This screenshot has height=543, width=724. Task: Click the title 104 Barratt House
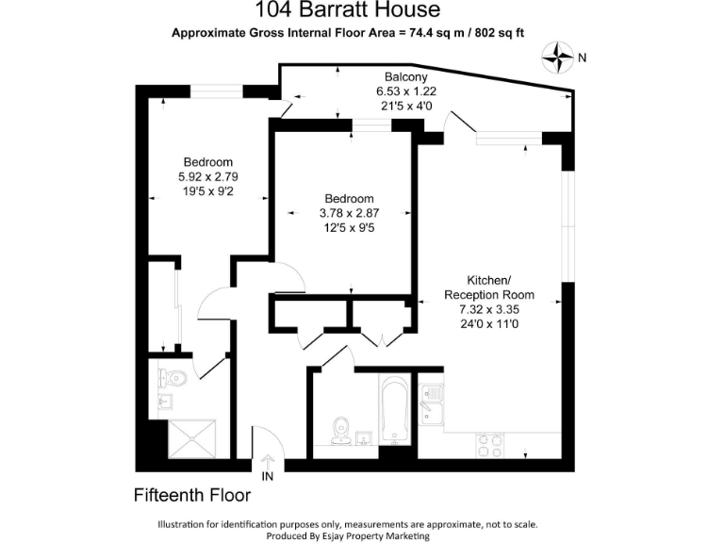click(348, 11)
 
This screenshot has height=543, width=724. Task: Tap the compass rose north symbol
click(559, 58)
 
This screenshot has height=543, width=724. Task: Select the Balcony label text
click(406, 76)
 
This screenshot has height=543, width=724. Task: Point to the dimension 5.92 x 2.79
click(207, 176)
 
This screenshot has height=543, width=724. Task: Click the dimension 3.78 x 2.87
click(349, 213)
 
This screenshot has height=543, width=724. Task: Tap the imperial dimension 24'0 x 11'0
click(488, 323)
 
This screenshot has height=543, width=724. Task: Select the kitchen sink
click(432, 408)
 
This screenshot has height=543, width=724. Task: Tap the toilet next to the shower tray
click(173, 379)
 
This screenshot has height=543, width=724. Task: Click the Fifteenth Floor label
click(191, 494)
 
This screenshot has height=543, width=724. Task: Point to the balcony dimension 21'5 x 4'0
click(405, 106)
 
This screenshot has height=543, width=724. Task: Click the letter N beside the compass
click(583, 58)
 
